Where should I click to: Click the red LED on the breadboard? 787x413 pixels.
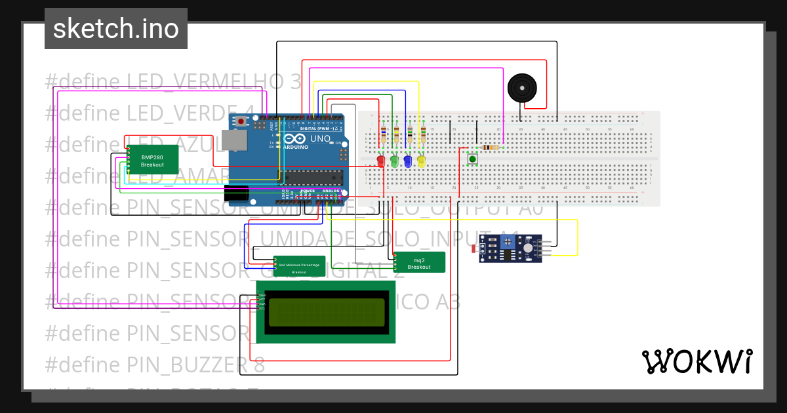[x=381, y=161]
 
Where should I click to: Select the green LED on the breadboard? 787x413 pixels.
[x=394, y=161]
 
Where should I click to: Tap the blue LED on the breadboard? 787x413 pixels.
[x=407, y=161]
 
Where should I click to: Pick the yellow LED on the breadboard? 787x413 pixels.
[x=421, y=161]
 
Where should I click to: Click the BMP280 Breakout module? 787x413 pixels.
[x=152, y=160]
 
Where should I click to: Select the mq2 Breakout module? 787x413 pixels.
[x=419, y=262]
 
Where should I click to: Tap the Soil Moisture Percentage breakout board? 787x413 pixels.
[x=299, y=266]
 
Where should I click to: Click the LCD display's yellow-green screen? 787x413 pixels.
[x=326, y=311]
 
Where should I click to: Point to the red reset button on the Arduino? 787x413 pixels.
[x=241, y=121]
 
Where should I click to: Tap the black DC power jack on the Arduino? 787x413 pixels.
[x=235, y=193]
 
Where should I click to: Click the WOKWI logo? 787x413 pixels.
[x=696, y=361]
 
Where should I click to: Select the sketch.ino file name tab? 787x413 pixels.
[x=116, y=29]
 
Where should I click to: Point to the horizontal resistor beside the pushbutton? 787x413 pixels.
[x=489, y=147]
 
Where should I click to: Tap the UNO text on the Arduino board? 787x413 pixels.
[x=320, y=140]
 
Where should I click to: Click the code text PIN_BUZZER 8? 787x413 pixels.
[x=195, y=364]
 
